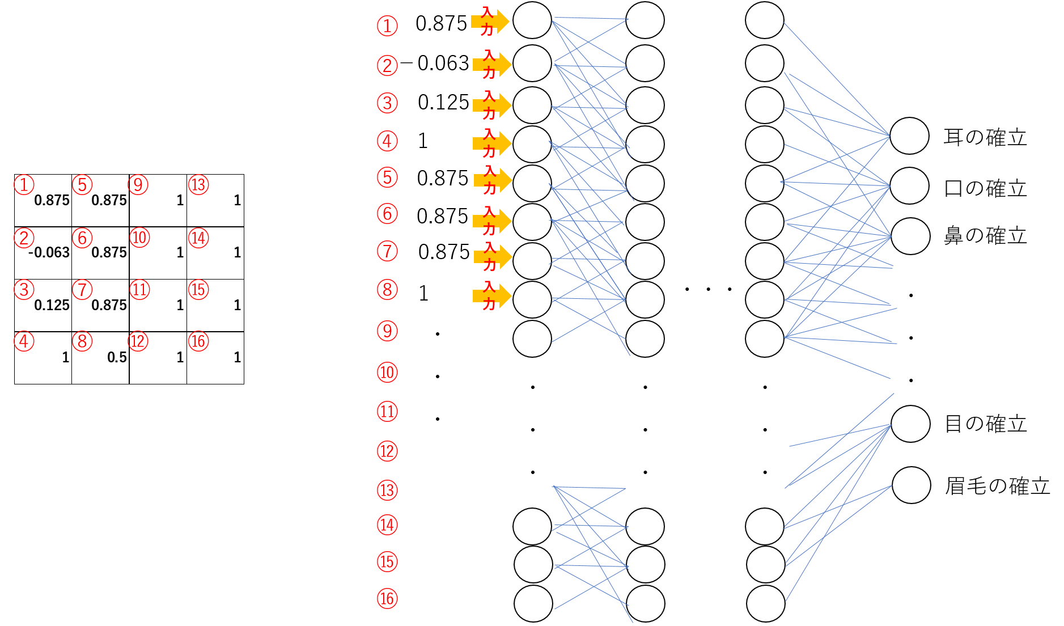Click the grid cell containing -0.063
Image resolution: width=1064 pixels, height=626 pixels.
pos(43,253)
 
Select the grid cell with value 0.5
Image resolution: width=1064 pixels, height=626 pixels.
pos(101,358)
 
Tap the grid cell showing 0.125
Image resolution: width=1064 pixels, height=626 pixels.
pos(43,305)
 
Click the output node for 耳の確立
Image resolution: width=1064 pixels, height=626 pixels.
pos(909,136)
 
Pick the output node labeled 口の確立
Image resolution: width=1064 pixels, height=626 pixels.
pos(909,186)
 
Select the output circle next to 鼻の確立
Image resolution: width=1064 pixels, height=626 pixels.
pos(910,236)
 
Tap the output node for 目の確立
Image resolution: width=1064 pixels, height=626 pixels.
pos(910,424)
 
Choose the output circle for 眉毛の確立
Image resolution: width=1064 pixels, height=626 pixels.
pos(912,485)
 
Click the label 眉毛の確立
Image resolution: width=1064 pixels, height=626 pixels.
pos(998,487)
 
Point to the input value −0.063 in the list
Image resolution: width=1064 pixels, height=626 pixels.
pos(435,63)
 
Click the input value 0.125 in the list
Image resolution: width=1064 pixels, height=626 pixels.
pos(443,102)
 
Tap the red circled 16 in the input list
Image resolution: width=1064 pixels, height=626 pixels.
pos(387,599)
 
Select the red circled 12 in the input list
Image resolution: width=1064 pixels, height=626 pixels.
pos(387,451)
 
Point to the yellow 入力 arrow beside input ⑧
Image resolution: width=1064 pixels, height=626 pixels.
pos(492,295)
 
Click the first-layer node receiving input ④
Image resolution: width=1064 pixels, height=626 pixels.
pos(532,144)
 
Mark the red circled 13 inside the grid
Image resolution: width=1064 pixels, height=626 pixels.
pos(198,185)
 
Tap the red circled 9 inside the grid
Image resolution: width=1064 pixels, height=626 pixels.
pos(138,185)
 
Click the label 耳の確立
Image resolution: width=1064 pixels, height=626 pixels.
pos(985,137)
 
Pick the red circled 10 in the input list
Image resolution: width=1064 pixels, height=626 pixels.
pos(387,373)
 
